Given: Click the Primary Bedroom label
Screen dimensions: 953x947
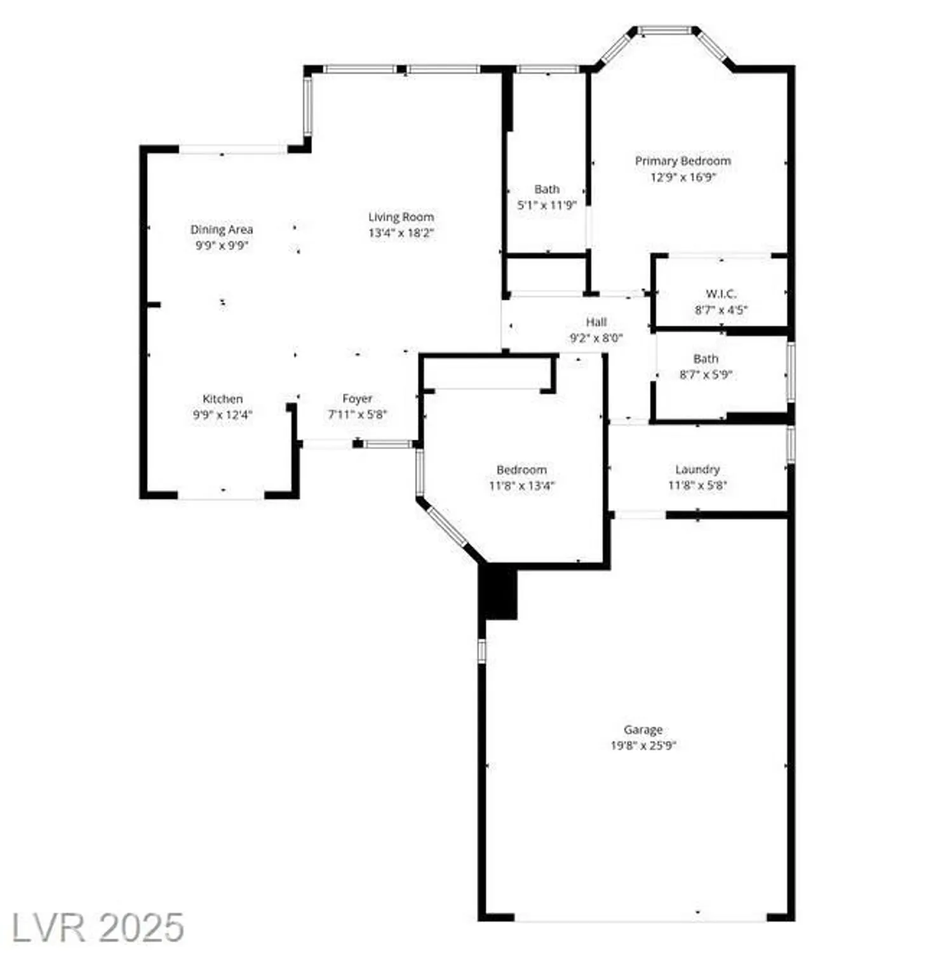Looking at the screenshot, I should click(x=682, y=161).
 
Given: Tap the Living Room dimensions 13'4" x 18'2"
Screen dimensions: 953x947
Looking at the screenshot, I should click(x=401, y=233).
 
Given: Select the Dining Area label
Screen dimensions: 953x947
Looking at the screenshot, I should click(x=221, y=229).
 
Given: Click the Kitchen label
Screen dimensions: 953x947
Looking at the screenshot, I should click(x=222, y=399).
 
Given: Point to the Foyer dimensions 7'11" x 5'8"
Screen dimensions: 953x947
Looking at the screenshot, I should click(x=357, y=415).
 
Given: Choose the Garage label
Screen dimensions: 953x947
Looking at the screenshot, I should click(x=643, y=729).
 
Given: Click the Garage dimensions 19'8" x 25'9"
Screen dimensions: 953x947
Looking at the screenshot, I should click(x=643, y=746).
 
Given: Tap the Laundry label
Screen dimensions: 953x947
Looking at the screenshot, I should click(x=697, y=470).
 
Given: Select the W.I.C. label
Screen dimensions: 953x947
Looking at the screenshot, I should click(x=721, y=294).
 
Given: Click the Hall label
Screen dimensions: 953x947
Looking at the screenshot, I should click(x=596, y=322).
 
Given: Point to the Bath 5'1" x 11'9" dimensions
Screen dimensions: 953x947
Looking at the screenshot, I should click(x=546, y=205).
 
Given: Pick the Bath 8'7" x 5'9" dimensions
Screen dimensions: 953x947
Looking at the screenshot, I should click(x=706, y=375).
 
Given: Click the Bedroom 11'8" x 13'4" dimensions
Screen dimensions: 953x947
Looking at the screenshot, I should click(x=521, y=486).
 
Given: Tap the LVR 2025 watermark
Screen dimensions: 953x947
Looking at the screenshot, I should click(x=98, y=928).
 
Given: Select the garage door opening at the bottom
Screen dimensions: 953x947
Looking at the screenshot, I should click(x=640, y=917).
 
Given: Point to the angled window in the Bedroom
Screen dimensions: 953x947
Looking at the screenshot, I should click(x=447, y=526).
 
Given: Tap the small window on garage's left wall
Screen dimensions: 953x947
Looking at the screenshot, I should click(x=481, y=651).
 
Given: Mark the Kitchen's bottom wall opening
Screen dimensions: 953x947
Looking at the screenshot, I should click(x=221, y=495).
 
